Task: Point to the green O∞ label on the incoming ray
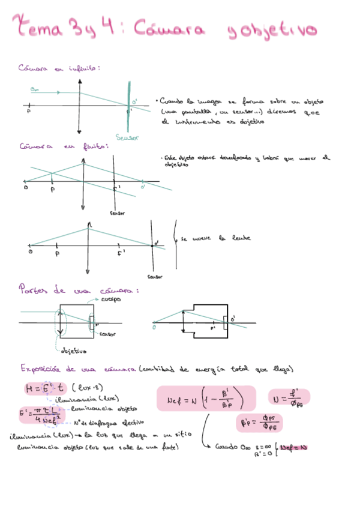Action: (x=34, y=90)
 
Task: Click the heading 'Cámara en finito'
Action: (x=63, y=146)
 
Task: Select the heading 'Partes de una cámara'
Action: (x=79, y=290)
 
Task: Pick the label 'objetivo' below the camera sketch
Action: (x=73, y=351)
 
